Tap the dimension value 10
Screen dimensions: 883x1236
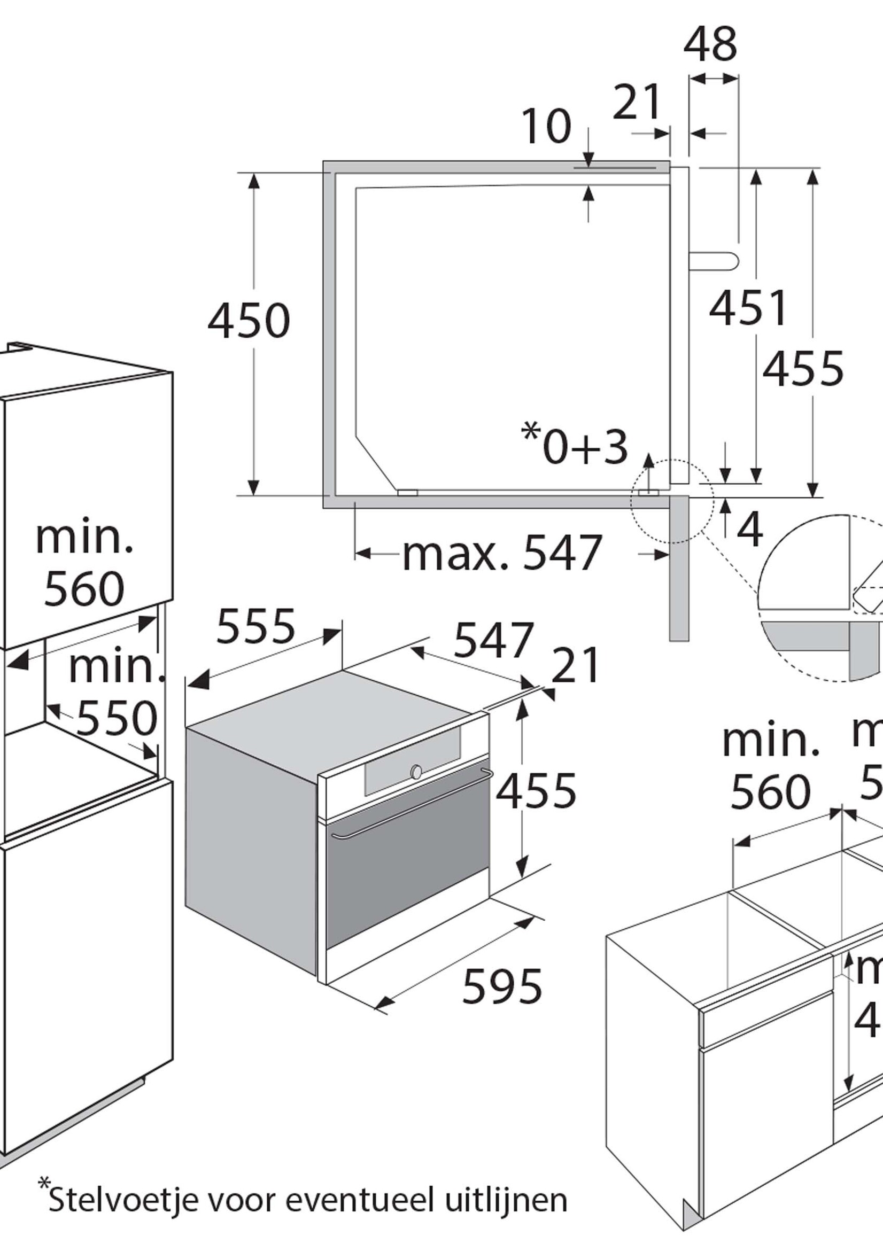[546, 126]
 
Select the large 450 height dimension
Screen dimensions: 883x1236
[249, 321]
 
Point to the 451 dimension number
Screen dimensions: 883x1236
[748, 308]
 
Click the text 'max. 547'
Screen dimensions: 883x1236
[502, 554]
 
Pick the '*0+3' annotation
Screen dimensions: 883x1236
[575, 447]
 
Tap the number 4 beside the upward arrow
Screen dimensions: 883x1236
[752, 530]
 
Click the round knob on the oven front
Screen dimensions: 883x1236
[416, 772]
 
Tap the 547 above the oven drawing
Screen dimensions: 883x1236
[494, 640]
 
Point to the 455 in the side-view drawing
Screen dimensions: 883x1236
[802, 369]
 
